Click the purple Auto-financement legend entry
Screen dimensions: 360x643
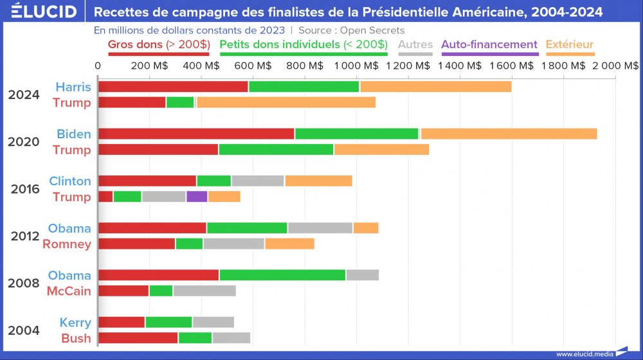(x=489, y=45)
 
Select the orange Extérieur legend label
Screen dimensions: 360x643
(x=569, y=45)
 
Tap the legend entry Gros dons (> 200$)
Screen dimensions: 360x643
(x=159, y=45)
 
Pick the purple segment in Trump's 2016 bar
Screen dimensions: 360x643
(x=197, y=197)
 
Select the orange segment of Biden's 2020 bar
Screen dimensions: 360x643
(x=509, y=134)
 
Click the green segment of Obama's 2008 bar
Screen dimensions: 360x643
(x=282, y=275)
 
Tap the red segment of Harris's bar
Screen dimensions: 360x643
(x=173, y=87)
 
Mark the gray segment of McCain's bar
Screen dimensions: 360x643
(x=204, y=291)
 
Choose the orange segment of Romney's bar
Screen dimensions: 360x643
(x=289, y=244)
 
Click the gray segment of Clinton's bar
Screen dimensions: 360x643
(x=258, y=181)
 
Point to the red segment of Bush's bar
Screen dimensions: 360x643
(x=138, y=338)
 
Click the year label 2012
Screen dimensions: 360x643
(x=25, y=236)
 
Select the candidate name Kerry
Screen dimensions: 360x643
(x=75, y=323)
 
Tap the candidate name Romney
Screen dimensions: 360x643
(x=66, y=244)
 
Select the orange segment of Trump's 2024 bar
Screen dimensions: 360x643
(x=286, y=102)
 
